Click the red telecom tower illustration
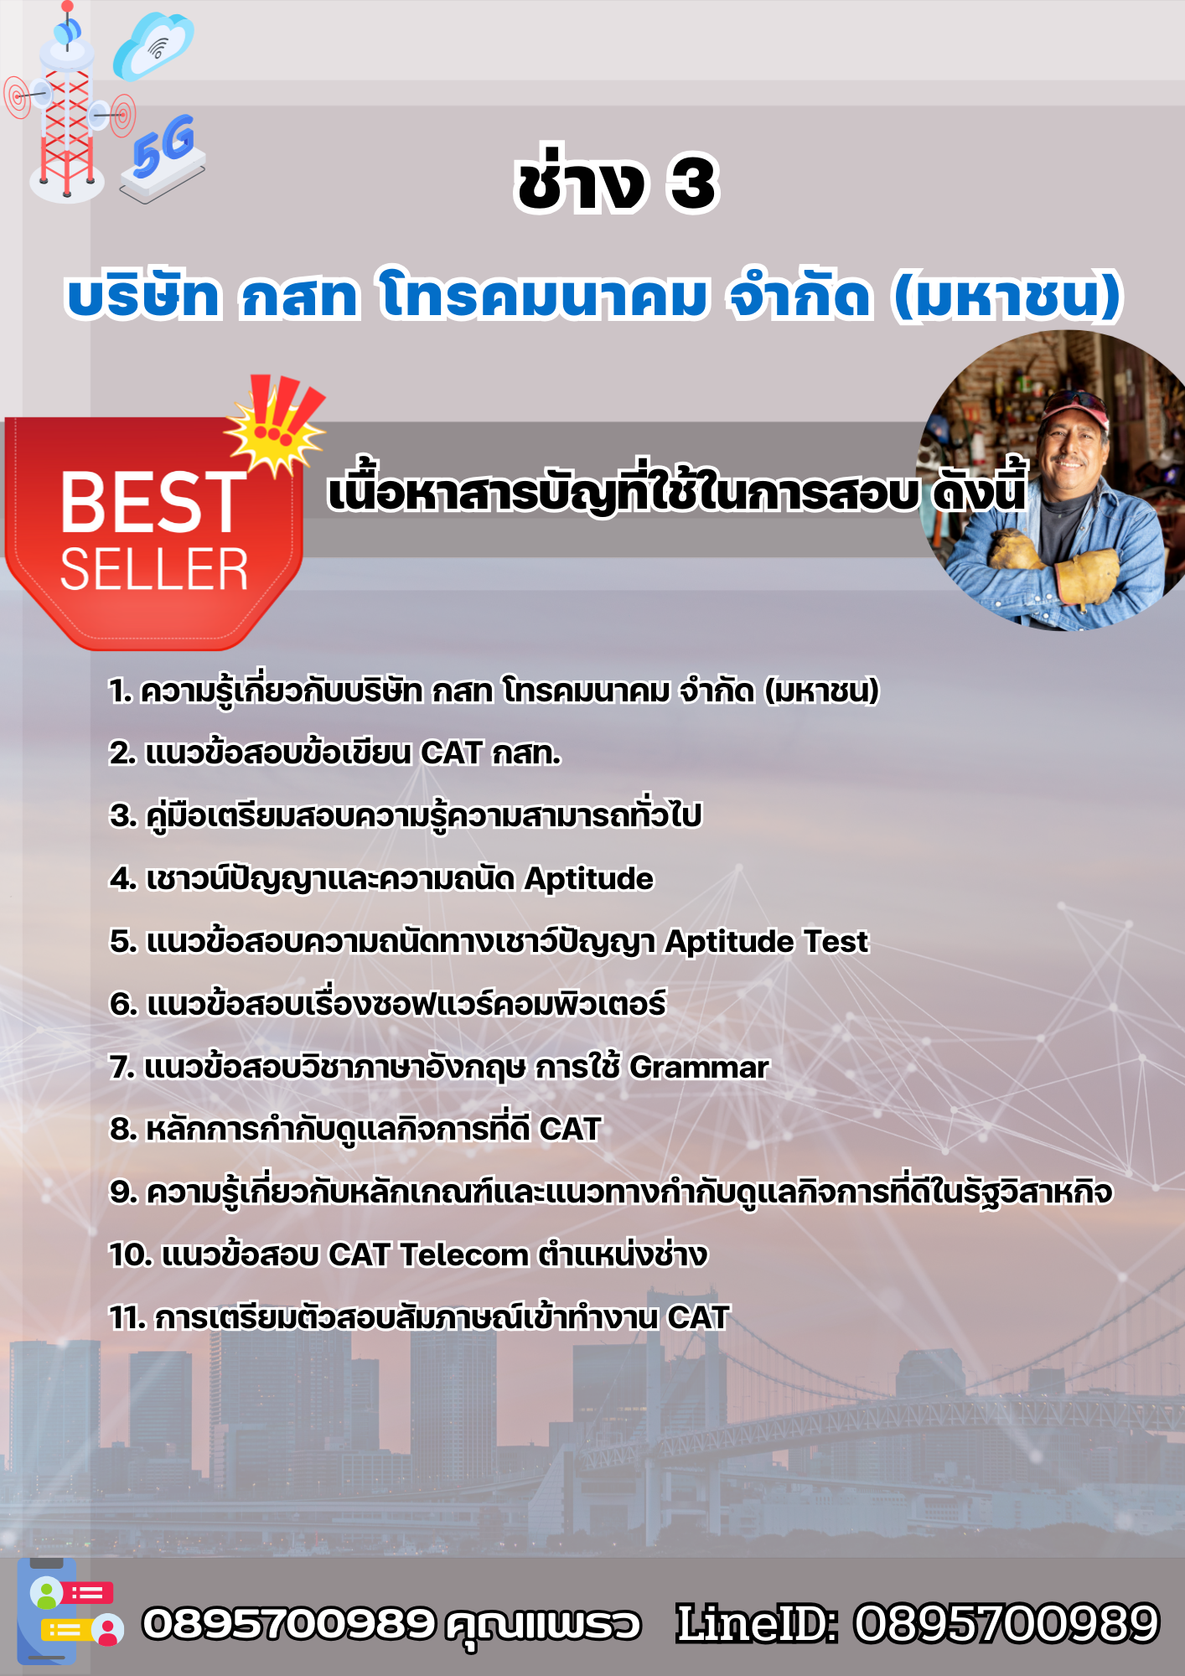click(67, 105)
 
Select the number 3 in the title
click(693, 184)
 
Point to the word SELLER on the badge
click(154, 569)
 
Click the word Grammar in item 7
click(698, 1067)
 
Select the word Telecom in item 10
click(463, 1254)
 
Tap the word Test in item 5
click(836, 941)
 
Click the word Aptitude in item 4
click(588, 878)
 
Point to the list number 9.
click(123, 1192)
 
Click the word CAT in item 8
click(570, 1129)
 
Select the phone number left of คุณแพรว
click(289, 1623)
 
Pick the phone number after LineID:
click(1006, 1623)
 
